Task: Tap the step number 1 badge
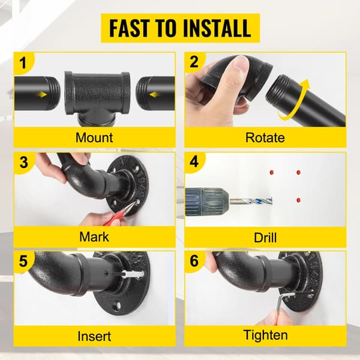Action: click(x=23, y=63)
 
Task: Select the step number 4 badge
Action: click(x=194, y=161)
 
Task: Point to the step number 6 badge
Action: click(x=194, y=261)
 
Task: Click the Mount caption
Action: click(x=94, y=137)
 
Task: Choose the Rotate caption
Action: click(x=265, y=137)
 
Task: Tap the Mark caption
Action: click(x=94, y=237)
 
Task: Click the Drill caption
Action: click(x=265, y=238)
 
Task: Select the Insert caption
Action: click(x=94, y=336)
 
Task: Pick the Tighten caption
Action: click(x=265, y=335)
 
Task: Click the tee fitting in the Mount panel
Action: click(x=97, y=98)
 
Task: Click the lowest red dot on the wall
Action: click(x=298, y=200)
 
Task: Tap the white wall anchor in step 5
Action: click(x=133, y=274)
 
